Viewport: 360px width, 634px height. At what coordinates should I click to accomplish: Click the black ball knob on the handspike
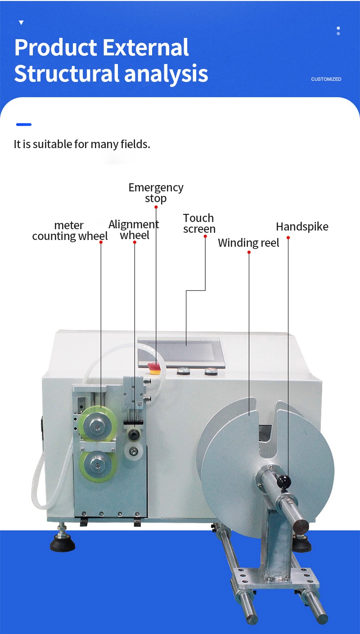point(283,481)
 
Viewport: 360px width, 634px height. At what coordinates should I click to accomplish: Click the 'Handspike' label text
point(302,226)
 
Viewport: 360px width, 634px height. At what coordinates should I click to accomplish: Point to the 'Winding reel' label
point(248,243)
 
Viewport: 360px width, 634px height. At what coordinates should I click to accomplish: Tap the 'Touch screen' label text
point(199,224)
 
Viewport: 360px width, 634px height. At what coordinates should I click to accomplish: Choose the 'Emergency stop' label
point(156,193)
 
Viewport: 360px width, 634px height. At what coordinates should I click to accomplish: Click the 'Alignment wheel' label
point(134,230)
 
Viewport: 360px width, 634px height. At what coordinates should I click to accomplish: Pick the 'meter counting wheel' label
point(70,231)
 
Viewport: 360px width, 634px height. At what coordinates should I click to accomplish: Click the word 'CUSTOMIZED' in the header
point(326,79)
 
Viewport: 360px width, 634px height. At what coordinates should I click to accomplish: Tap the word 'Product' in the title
point(55,48)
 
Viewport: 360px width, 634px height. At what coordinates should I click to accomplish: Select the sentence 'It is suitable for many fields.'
point(82,145)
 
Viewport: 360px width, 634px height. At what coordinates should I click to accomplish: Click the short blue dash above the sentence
point(23,124)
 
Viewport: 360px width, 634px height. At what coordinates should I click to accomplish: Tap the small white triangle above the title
point(21,23)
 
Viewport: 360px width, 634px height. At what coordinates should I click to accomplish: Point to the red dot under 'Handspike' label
point(288,238)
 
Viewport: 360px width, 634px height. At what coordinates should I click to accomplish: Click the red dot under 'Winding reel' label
point(249,252)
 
